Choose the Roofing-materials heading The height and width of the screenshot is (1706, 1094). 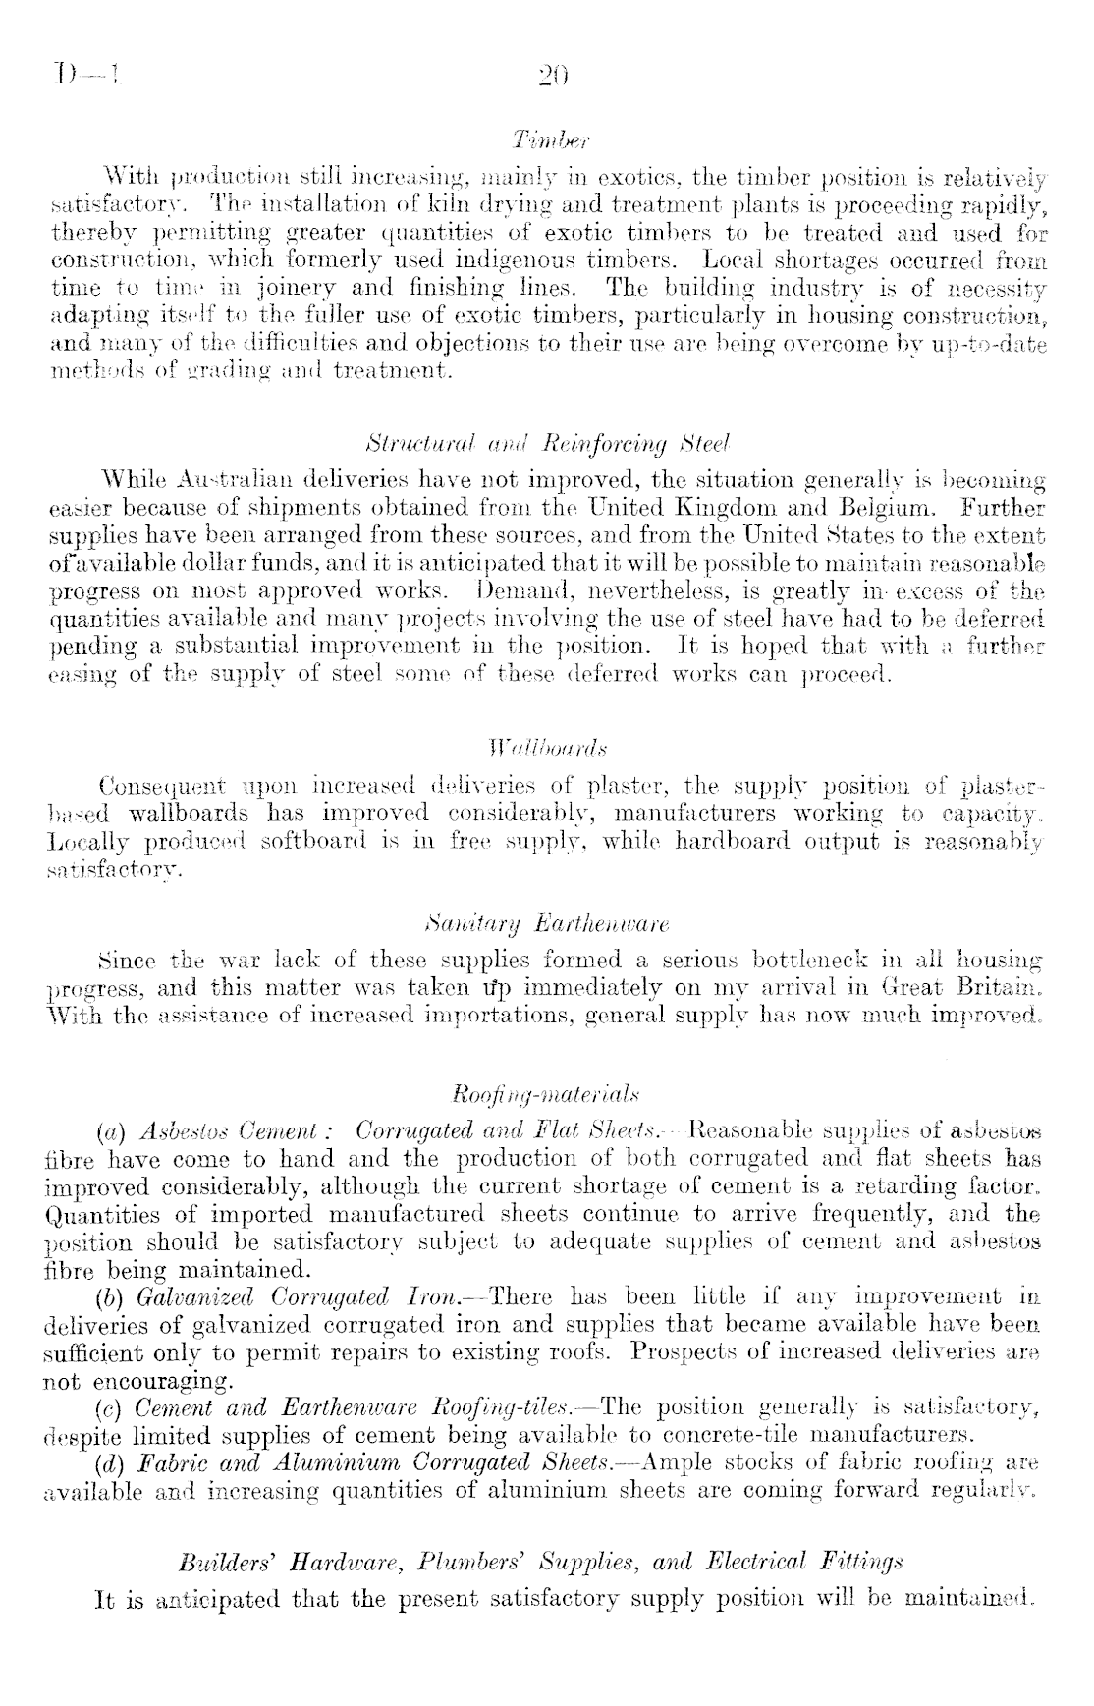click(x=547, y=1094)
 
